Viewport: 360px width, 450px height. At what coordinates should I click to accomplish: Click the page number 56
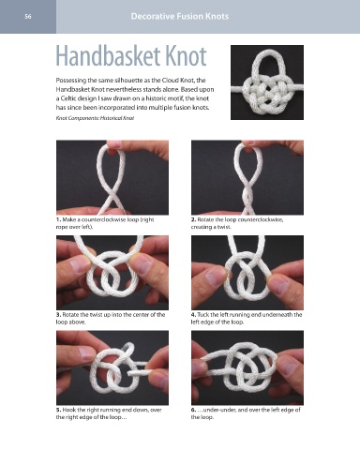coord(28,17)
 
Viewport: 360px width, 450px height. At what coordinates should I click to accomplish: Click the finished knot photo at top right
coord(267,82)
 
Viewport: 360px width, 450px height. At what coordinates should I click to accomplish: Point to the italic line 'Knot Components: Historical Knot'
coord(95,118)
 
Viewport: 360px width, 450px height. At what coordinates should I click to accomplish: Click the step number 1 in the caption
coord(58,219)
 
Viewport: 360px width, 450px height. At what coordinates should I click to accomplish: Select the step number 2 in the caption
coord(193,219)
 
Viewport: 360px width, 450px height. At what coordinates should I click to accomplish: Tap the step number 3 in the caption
coord(58,315)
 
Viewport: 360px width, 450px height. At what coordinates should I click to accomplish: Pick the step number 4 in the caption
coord(193,315)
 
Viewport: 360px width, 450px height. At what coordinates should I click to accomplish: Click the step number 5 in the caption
coord(58,410)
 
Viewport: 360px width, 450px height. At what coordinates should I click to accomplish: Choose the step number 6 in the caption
coord(193,410)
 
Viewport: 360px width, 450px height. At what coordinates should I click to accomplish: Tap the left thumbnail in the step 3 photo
coord(79,265)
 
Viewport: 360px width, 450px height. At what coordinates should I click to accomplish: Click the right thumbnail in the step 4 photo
coord(279,286)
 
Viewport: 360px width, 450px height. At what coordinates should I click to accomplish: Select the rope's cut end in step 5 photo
coord(129,373)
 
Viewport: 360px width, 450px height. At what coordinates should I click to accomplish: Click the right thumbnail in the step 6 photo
coord(287,365)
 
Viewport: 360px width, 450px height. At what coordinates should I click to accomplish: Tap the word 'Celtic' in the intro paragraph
coord(68,98)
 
